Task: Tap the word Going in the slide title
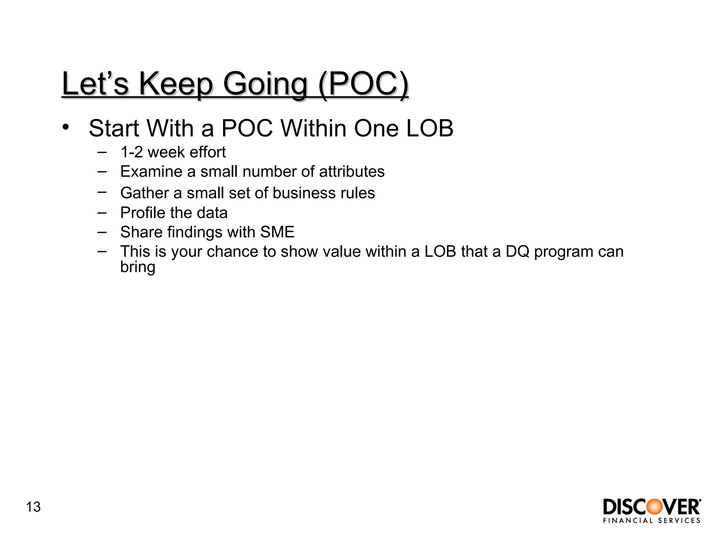coord(265,85)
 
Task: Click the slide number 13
coord(33,507)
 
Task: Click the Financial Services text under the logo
coord(652,520)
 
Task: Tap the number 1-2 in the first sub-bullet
coord(131,152)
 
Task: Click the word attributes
coord(352,171)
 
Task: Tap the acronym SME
coord(277,232)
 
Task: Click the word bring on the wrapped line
coord(138,267)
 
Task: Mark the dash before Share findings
coord(102,232)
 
